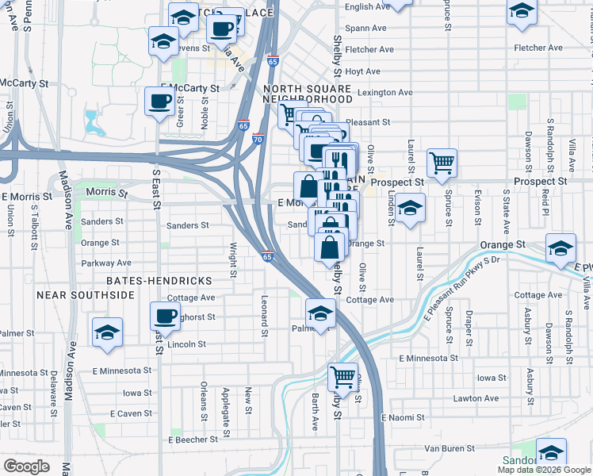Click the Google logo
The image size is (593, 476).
click(x=26, y=466)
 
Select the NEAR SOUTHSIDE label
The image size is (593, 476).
click(x=86, y=295)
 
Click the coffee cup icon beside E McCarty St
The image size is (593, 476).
click(x=159, y=102)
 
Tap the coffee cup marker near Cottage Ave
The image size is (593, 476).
click(x=165, y=316)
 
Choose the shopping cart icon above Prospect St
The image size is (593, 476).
click(x=442, y=163)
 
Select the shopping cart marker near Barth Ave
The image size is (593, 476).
click(x=342, y=376)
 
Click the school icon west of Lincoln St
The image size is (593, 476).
click(x=106, y=332)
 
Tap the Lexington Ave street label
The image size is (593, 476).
click(x=384, y=93)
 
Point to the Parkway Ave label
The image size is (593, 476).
click(x=105, y=263)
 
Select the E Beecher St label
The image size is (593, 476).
click(x=193, y=440)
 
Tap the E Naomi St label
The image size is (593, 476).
click(x=403, y=417)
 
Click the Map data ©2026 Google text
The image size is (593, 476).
click(x=544, y=470)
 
